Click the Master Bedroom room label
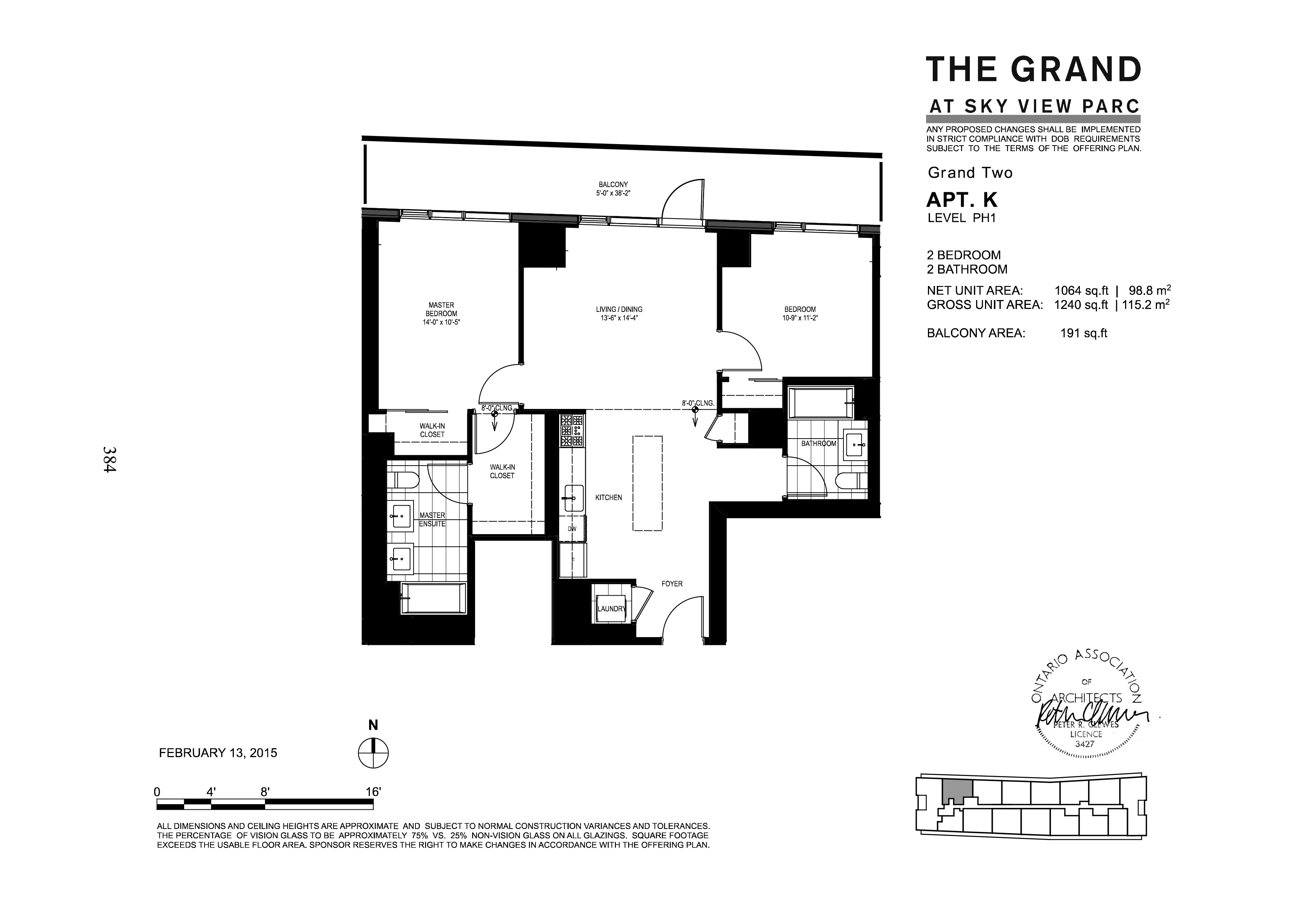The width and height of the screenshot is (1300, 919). click(441, 310)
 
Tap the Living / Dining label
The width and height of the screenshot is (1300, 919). click(619, 310)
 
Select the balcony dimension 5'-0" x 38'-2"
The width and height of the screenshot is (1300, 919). click(613, 193)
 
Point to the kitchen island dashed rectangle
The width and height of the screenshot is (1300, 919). click(647, 483)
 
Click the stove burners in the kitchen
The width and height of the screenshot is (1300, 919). click(572, 431)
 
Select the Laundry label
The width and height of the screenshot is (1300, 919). click(611, 609)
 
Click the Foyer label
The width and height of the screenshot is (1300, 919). click(672, 583)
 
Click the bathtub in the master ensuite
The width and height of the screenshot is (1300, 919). click(433, 598)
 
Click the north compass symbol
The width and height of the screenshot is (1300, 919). click(373, 753)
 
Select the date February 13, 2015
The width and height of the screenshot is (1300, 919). click(218, 753)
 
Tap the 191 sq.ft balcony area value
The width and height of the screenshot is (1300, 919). click(1083, 333)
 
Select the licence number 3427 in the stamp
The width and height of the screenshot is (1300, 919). click(1084, 744)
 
